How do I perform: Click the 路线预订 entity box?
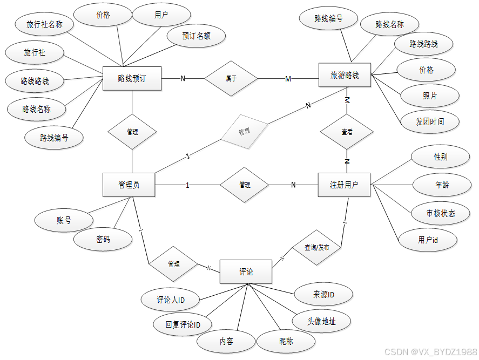pos(132,79)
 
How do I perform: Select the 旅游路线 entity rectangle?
pos(345,76)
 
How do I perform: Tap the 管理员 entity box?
pos(129,185)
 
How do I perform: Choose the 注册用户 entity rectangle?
pos(343,185)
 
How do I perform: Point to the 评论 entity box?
pos(246,271)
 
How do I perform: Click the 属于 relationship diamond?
pos(231,79)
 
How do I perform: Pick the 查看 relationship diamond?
pos(347,132)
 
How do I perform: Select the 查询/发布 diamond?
pos(316,248)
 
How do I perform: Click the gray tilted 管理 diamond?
pos(244,131)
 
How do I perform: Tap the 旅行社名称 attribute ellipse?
pos(45,24)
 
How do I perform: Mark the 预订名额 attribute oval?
pos(196,36)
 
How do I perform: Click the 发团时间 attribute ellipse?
pos(430,121)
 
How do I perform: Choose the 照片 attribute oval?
pos(430,96)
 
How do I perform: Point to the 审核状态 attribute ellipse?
pos(440,213)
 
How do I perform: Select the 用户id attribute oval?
pos(428,240)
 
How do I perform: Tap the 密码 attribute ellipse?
pos(103,239)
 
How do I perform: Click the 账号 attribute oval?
pos(64,220)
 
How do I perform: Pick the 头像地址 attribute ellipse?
pos(321,321)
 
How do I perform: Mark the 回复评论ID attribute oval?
pos(183,325)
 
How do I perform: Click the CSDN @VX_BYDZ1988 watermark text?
pos(430,352)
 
